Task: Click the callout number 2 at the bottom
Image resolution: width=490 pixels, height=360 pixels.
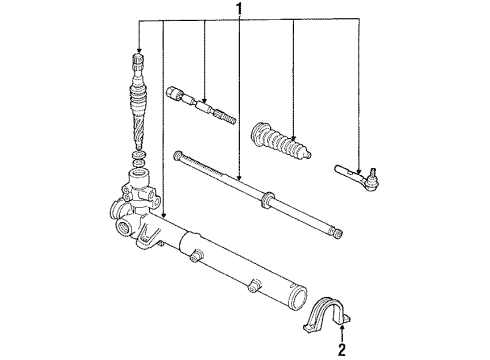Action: point(342,349)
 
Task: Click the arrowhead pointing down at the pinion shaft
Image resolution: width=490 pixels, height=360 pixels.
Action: point(138,51)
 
